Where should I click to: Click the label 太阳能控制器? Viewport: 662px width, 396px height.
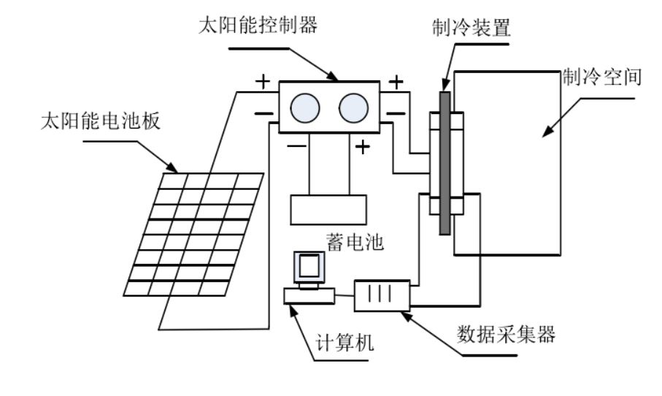(258, 26)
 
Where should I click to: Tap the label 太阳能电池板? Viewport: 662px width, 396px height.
(101, 121)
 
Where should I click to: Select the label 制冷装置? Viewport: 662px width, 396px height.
(472, 28)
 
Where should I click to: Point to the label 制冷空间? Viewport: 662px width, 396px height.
(601, 77)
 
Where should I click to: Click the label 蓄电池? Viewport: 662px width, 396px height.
(355, 242)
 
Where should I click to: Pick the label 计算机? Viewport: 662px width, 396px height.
(345, 342)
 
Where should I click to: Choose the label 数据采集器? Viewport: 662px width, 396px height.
(506, 334)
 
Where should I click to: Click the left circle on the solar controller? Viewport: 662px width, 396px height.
(305, 108)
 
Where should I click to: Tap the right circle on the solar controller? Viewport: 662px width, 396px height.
(353, 108)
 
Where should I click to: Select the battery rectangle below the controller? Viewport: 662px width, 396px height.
(328, 210)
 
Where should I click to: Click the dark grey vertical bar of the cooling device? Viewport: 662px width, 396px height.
(444, 163)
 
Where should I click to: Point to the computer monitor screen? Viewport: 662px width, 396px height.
(309, 266)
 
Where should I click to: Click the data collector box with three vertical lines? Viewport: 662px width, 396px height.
(382, 296)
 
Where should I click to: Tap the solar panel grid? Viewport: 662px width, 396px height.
(194, 234)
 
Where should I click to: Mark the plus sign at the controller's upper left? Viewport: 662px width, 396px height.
(262, 81)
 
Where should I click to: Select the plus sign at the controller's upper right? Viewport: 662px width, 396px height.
(396, 82)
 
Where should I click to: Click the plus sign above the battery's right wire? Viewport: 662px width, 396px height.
(362, 147)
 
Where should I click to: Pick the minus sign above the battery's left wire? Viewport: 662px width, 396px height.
(297, 146)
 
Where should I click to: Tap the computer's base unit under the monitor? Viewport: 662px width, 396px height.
(309, 296)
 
